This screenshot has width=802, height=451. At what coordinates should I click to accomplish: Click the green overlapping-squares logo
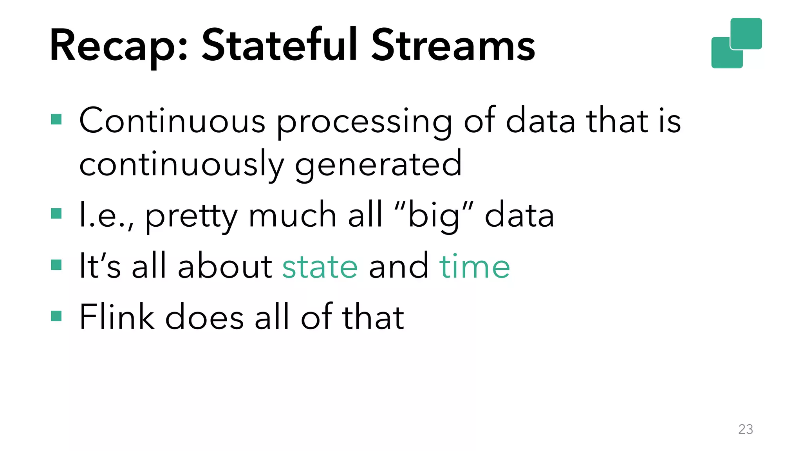click(x=736, y=43)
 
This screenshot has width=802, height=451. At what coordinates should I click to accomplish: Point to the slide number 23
click(x=745, y=429)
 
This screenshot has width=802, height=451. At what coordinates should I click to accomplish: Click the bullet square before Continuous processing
click(x=56, y=119)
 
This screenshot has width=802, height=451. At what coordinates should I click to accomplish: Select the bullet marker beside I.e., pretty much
click(x=56, y=214)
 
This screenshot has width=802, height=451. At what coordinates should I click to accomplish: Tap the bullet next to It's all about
click(x=56, y=265)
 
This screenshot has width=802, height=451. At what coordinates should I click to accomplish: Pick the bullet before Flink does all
click(x=56, y=316)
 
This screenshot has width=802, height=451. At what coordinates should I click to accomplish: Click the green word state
click(x=320, y=267)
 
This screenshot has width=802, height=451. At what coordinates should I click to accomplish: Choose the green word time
click(x=474, y=266)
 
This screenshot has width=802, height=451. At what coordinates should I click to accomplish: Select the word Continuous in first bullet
click(x=172, y=121)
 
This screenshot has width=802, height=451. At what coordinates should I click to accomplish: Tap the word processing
click(x=365, y=123)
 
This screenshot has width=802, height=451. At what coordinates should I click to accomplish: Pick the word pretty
click(x=191, y=217)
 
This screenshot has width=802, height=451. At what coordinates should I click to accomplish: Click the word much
click(x=293, y=215)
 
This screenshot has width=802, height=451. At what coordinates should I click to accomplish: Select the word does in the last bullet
click(x=204, y=317)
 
